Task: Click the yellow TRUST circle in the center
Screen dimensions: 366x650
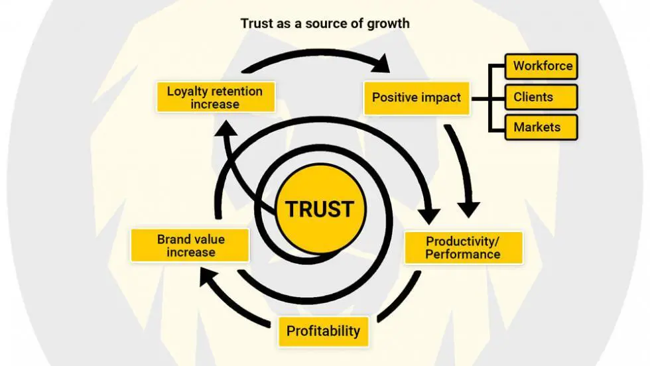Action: (x=320, y=209)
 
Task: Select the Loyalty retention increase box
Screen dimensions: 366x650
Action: (x=214, y=97)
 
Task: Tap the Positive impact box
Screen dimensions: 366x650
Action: (x=416, y=97)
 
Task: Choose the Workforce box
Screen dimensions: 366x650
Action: (x=541, y=67)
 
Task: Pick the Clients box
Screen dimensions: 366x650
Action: (x=541, y=97)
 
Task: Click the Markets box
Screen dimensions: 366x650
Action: (x=541, y=127)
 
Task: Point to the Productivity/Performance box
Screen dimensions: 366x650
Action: (x=463, y=247)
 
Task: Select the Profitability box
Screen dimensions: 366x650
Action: (x=323, y=330)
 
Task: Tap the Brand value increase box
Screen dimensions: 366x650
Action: (x=190, y=245)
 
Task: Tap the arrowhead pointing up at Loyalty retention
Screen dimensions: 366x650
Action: (x=225, y=133)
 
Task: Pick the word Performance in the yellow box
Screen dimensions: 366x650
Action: (x=463, y=255)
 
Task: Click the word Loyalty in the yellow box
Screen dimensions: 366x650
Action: (x=187, y=91)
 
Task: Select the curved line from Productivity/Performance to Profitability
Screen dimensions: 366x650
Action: (x=398, y=299)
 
